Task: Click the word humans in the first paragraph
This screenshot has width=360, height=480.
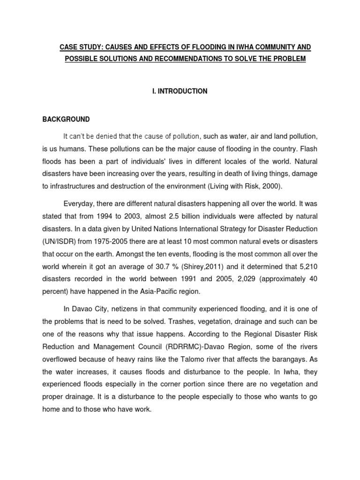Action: [74, 149]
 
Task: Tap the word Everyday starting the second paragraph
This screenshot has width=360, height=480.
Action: [78, 204]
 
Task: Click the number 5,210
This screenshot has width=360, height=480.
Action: [307, 266]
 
